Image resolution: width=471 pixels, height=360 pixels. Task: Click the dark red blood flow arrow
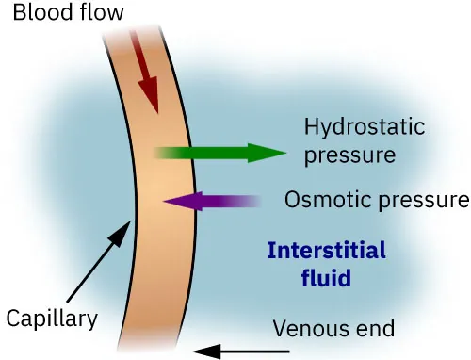[x=143, y=66]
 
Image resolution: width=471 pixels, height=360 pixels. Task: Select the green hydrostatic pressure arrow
[x=217, y=152]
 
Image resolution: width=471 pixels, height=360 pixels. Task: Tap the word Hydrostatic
[x=365, y=127]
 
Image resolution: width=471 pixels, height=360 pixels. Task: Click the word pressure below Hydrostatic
[x=349, y=154]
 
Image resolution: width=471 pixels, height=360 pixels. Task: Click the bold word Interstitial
[x=326, y=251]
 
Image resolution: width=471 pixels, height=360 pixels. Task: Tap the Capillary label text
[x=51, y=319]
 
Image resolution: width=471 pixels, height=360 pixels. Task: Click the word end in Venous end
[x=377, y=329]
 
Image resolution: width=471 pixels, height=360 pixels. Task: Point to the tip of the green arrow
[x=284, y=152]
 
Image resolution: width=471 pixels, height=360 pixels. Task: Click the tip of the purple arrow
[x=163, y=200]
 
